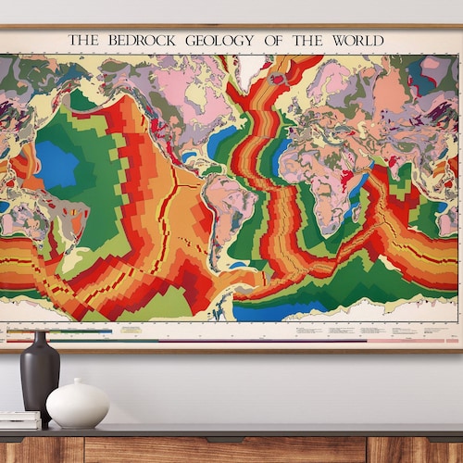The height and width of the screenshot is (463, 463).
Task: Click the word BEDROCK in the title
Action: coord(146,40)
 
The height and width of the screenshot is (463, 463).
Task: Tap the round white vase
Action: coord(78,406)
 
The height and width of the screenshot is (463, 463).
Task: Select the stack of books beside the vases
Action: coord(19,419)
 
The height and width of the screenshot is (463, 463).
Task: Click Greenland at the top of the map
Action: coord(249,69)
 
